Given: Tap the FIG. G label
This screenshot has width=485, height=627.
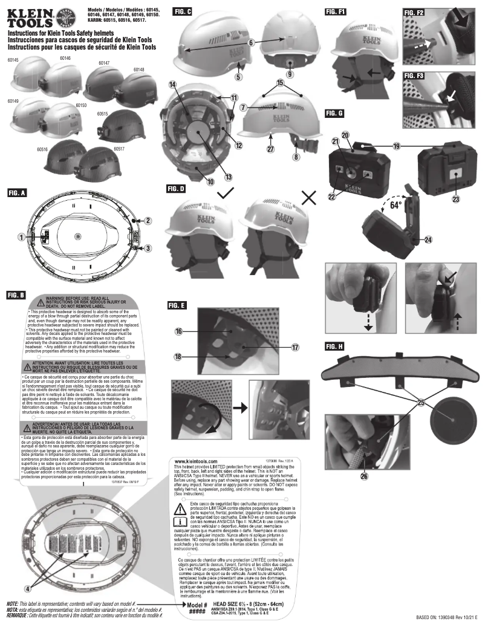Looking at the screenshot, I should tap(334, 113).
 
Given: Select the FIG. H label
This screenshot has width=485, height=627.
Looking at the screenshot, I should tap(334, 346).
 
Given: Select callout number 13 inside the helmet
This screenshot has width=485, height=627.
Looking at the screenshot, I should tap(212, 177).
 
